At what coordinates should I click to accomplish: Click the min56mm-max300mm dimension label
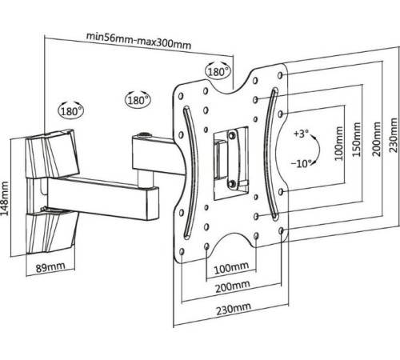[x=138, y=41]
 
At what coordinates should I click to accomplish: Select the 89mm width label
[x=50, y=266]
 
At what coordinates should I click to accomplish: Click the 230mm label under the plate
[x=234, y=309]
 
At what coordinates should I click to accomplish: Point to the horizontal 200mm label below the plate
[x=233, y=286]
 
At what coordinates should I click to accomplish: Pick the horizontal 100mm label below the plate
[x=231, y=268]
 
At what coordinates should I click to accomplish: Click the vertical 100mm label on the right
[x=338, y=143]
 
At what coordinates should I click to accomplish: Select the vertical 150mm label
[x=357, y=139]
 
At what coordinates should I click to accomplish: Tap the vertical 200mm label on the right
[x=377, y=139]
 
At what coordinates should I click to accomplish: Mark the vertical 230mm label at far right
[x=394, y=135]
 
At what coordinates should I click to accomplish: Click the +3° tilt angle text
[x=301, y=134]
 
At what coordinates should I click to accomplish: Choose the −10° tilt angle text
[x=301, y=163]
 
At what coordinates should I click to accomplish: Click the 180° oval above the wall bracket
[x=71, y=110]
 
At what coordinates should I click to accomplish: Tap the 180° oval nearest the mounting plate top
[x=218, y=70]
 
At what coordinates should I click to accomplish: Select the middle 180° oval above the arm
[x=138, y=99]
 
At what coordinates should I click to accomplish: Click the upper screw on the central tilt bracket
[x=232, y=135]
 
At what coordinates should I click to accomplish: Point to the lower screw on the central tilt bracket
[x=231, y=183]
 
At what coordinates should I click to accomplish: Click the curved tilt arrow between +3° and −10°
[x=318, y=149]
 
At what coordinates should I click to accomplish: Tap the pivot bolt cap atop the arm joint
[x=144, y=135]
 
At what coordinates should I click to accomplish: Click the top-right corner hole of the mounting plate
[x=280, y=75]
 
